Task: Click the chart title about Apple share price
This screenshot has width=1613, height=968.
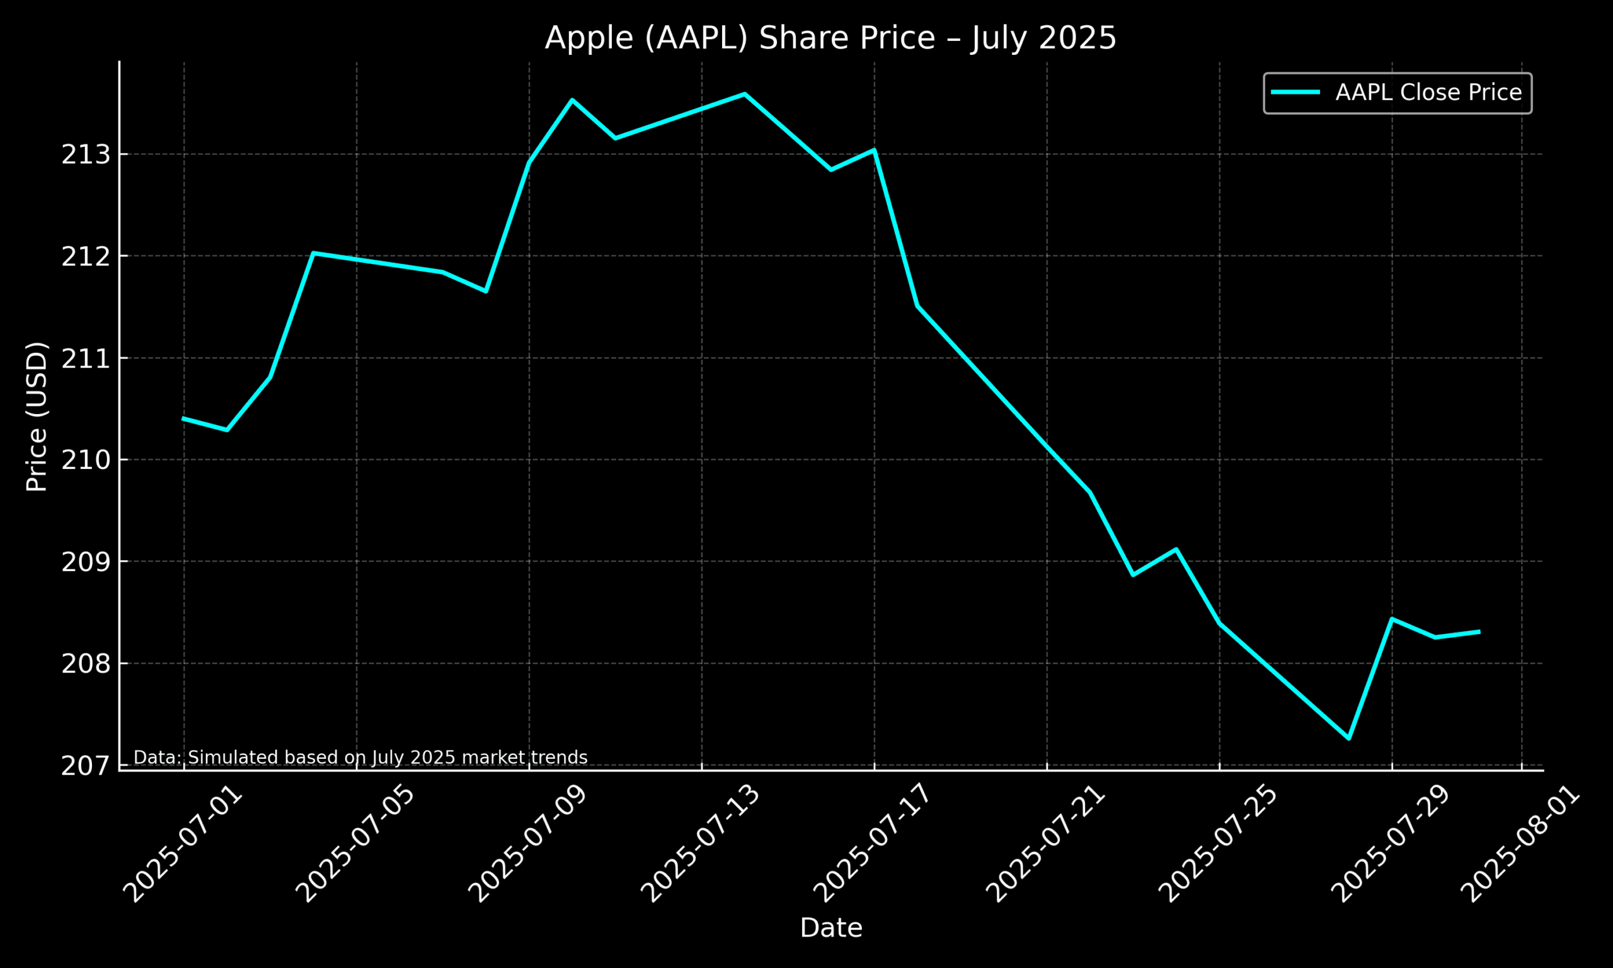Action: [830, 38]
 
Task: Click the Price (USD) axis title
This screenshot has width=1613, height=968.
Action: [37, 416]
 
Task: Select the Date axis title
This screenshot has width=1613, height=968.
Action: [830, 928]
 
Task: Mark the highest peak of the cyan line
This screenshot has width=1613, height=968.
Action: [745, 94]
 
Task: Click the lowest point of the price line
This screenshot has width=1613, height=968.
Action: [1349, 739]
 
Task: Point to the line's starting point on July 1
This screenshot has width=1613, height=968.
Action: [184, 418]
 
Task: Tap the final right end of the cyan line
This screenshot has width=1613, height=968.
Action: [1479, 631]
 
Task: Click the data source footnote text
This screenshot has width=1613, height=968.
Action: [360, 758]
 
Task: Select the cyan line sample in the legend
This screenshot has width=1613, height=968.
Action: [1295, 93]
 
